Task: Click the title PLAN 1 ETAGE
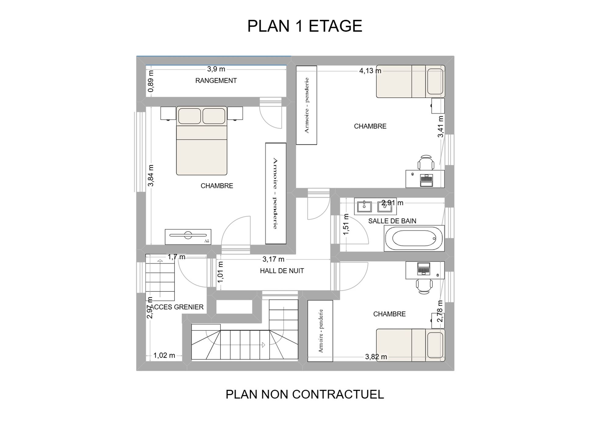pos(305,26)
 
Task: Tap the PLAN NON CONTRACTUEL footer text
pos(305,394)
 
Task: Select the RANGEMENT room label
pos(216,81)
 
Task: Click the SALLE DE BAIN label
pos(392,221)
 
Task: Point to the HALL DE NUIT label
pos(282,271)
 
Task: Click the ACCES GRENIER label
pos(177,307)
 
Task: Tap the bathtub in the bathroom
pos(414,238)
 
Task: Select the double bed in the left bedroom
pos(202,140)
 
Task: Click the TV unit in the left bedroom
pos(188,237)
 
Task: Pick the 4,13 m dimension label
pos(370,71)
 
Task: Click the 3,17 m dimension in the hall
pos(273,259)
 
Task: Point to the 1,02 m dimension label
pos(164,355)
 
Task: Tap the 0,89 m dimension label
pos(151,81)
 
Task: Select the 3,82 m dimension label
pos(376,357)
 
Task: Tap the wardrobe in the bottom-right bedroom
pos(320,331)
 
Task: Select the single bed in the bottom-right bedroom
pos(411,345)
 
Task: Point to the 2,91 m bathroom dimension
pos(392,203)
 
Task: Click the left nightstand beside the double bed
pos(168,113)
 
